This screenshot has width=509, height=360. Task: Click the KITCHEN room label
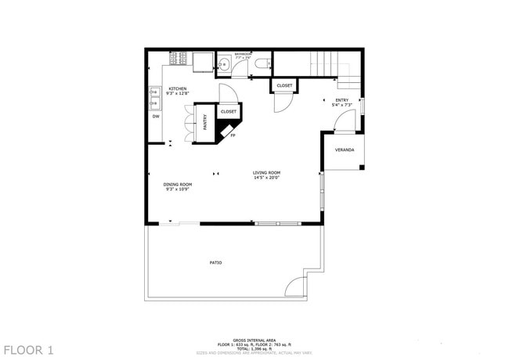click(178, 88)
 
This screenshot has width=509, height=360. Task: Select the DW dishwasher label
click(156, 117)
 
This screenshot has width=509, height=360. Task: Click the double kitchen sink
click(153, 97)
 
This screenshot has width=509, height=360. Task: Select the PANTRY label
click(204, 123)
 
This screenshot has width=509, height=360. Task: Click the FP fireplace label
click(232, 135)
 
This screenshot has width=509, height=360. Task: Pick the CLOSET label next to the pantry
click(228, 112)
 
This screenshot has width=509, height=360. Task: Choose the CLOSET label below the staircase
click(283, 85)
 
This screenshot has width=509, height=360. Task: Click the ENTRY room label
click(342, 99)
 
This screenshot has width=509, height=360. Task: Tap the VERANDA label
click(345, 149)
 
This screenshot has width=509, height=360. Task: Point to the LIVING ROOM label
click(266, 172)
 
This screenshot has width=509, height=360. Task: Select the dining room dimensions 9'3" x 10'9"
click(178, 189)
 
